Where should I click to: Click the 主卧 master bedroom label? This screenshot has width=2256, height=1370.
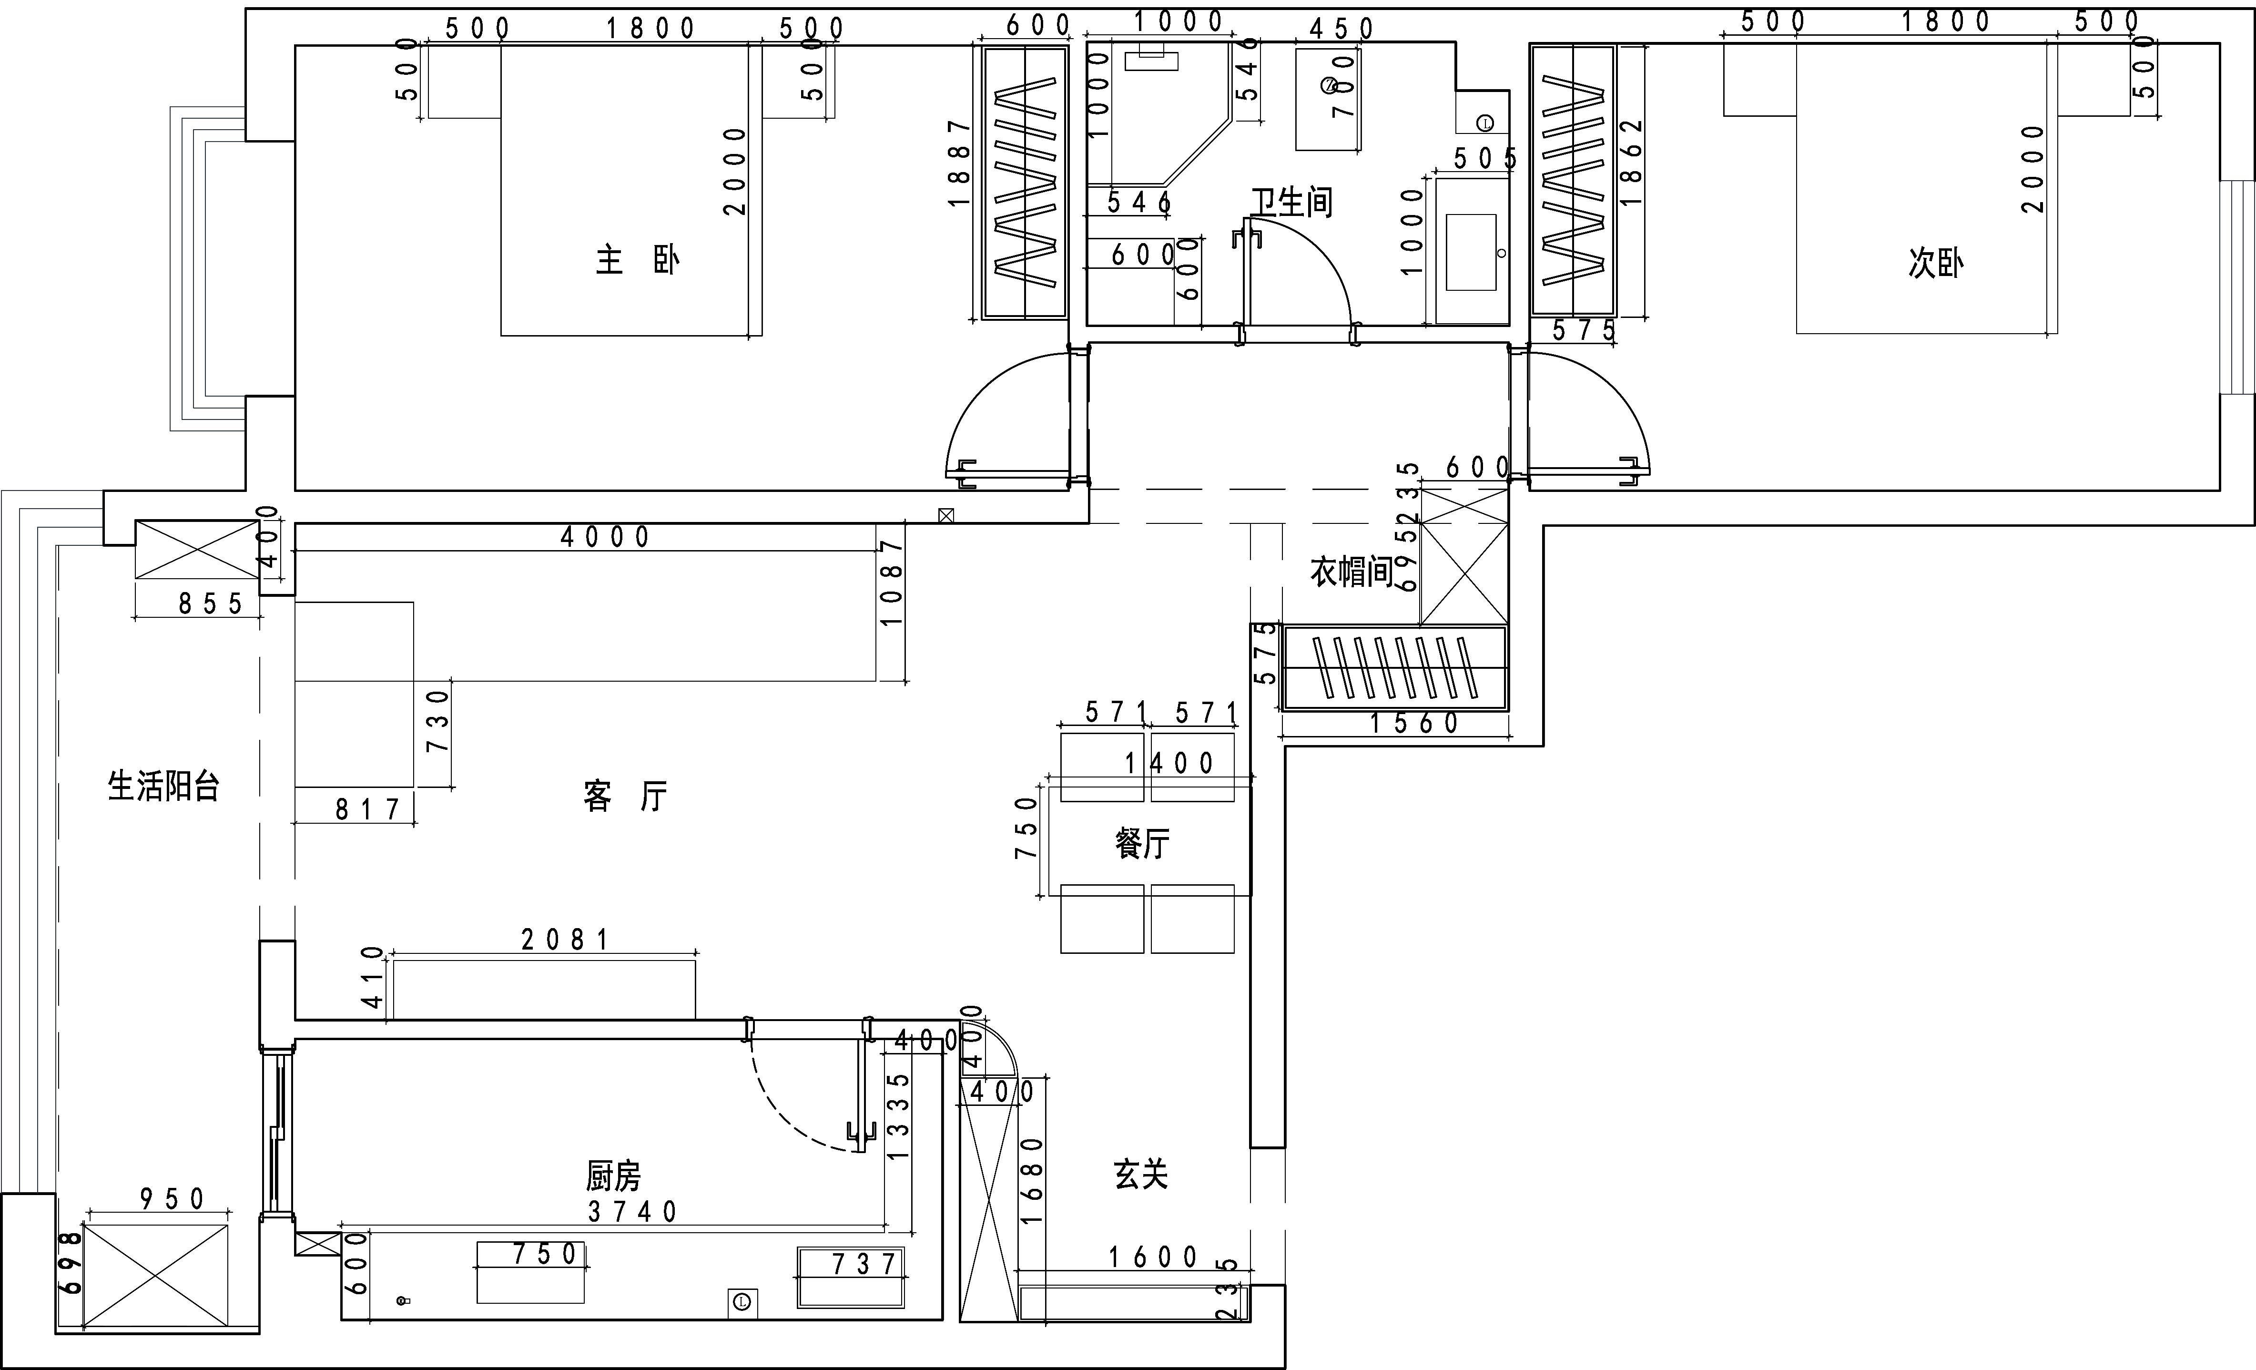point(637,260)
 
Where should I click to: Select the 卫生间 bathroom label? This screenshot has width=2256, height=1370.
point(1292,202)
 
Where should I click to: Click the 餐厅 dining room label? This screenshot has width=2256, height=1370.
point(1142,842)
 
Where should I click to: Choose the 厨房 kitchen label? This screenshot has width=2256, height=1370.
point(613,1175)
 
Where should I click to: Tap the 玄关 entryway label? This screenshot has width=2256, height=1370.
point(1141,1173)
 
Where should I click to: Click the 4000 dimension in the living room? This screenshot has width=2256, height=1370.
point(605,537)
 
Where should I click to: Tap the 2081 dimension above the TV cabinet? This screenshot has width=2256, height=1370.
point(565,940)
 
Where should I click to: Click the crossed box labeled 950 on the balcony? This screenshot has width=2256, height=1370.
point(156,1275)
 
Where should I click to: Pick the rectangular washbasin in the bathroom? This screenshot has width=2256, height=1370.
point(1471,252)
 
